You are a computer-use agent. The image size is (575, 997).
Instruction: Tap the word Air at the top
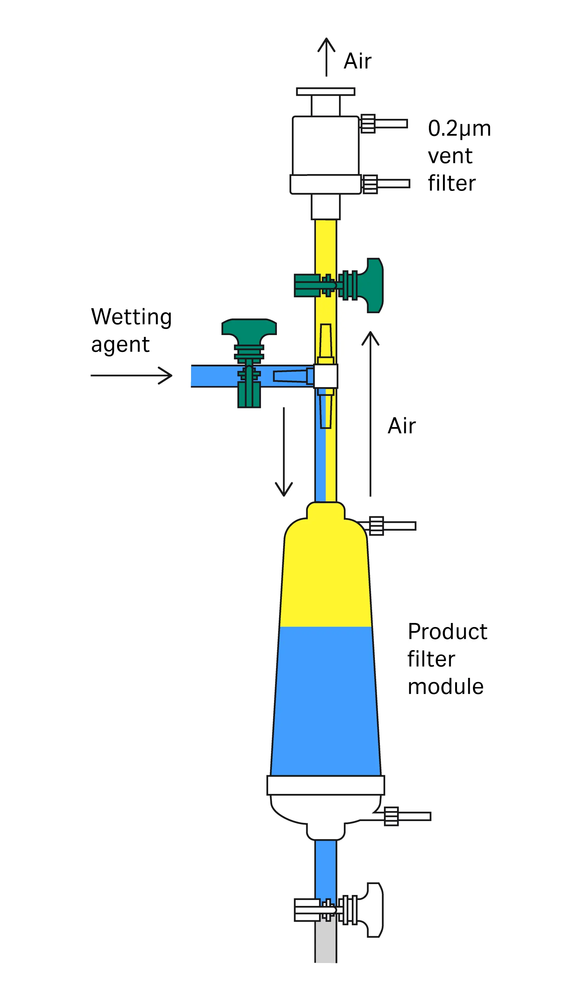pos(357,61)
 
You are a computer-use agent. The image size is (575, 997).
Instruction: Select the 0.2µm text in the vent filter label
pos(459,129)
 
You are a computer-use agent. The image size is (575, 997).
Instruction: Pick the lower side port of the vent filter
pos(386,184)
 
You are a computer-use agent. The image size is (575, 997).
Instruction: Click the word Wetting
pos(131,317)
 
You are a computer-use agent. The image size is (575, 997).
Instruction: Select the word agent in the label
pos(120,345)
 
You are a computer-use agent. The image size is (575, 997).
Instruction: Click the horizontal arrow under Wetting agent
pos(131,375)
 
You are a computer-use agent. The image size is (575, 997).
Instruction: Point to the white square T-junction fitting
pos(326,376)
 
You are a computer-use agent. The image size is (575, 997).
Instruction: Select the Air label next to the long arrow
pos(402,426)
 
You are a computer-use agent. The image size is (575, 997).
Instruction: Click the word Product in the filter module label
pos(447,632)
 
